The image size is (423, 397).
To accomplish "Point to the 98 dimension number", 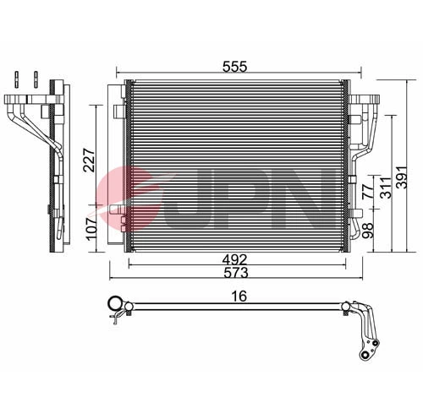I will (366, 229).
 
